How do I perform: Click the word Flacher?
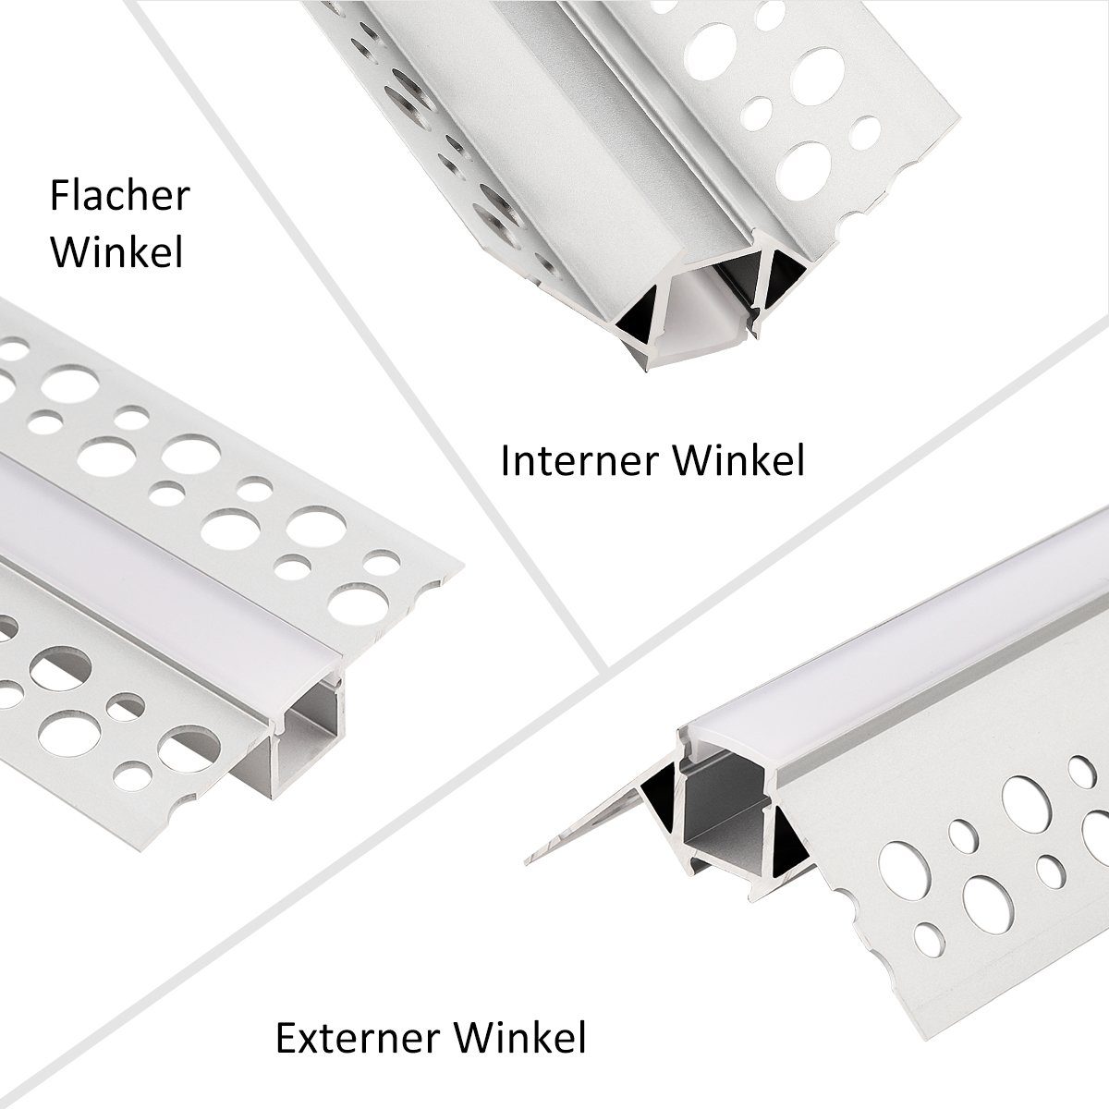click(119, 197)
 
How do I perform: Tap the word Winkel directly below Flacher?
click(116, 251)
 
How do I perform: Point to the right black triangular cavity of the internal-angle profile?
click(782, 276)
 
